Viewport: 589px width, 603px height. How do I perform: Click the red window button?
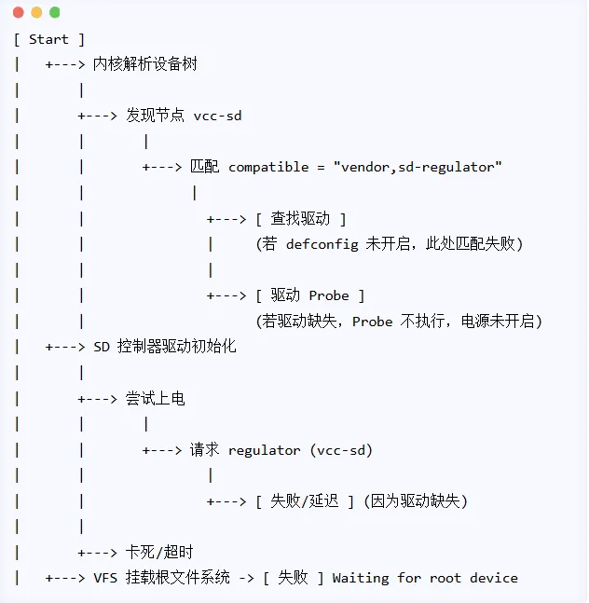tap(19, 12)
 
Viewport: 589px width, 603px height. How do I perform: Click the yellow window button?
tap(36, 12)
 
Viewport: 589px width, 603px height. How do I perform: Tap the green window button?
tap(54, 12)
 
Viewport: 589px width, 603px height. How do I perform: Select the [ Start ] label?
tap(49, 39)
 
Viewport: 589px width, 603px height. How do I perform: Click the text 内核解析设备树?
tap(145, 64)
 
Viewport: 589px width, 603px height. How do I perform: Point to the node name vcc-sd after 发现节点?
tap(217, 116)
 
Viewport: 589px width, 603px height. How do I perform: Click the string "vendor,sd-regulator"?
tap(418, 167)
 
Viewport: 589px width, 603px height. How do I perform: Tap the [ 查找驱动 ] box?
tap(300, 218)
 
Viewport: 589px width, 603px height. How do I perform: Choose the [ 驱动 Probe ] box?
tap(309, 295)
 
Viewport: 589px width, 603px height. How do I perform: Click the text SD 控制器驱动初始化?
tap(165, 347)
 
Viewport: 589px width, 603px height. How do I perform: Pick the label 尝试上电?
tap(156, 399)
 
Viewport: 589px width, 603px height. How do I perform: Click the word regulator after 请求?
tap(265, 450)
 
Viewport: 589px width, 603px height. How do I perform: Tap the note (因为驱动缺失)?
tap(416, 501)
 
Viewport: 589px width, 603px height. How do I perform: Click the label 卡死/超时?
tap(159, 553)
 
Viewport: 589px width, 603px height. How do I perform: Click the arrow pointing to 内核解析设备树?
tap(65, 64)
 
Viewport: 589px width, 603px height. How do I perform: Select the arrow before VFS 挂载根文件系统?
tap(65, 578)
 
